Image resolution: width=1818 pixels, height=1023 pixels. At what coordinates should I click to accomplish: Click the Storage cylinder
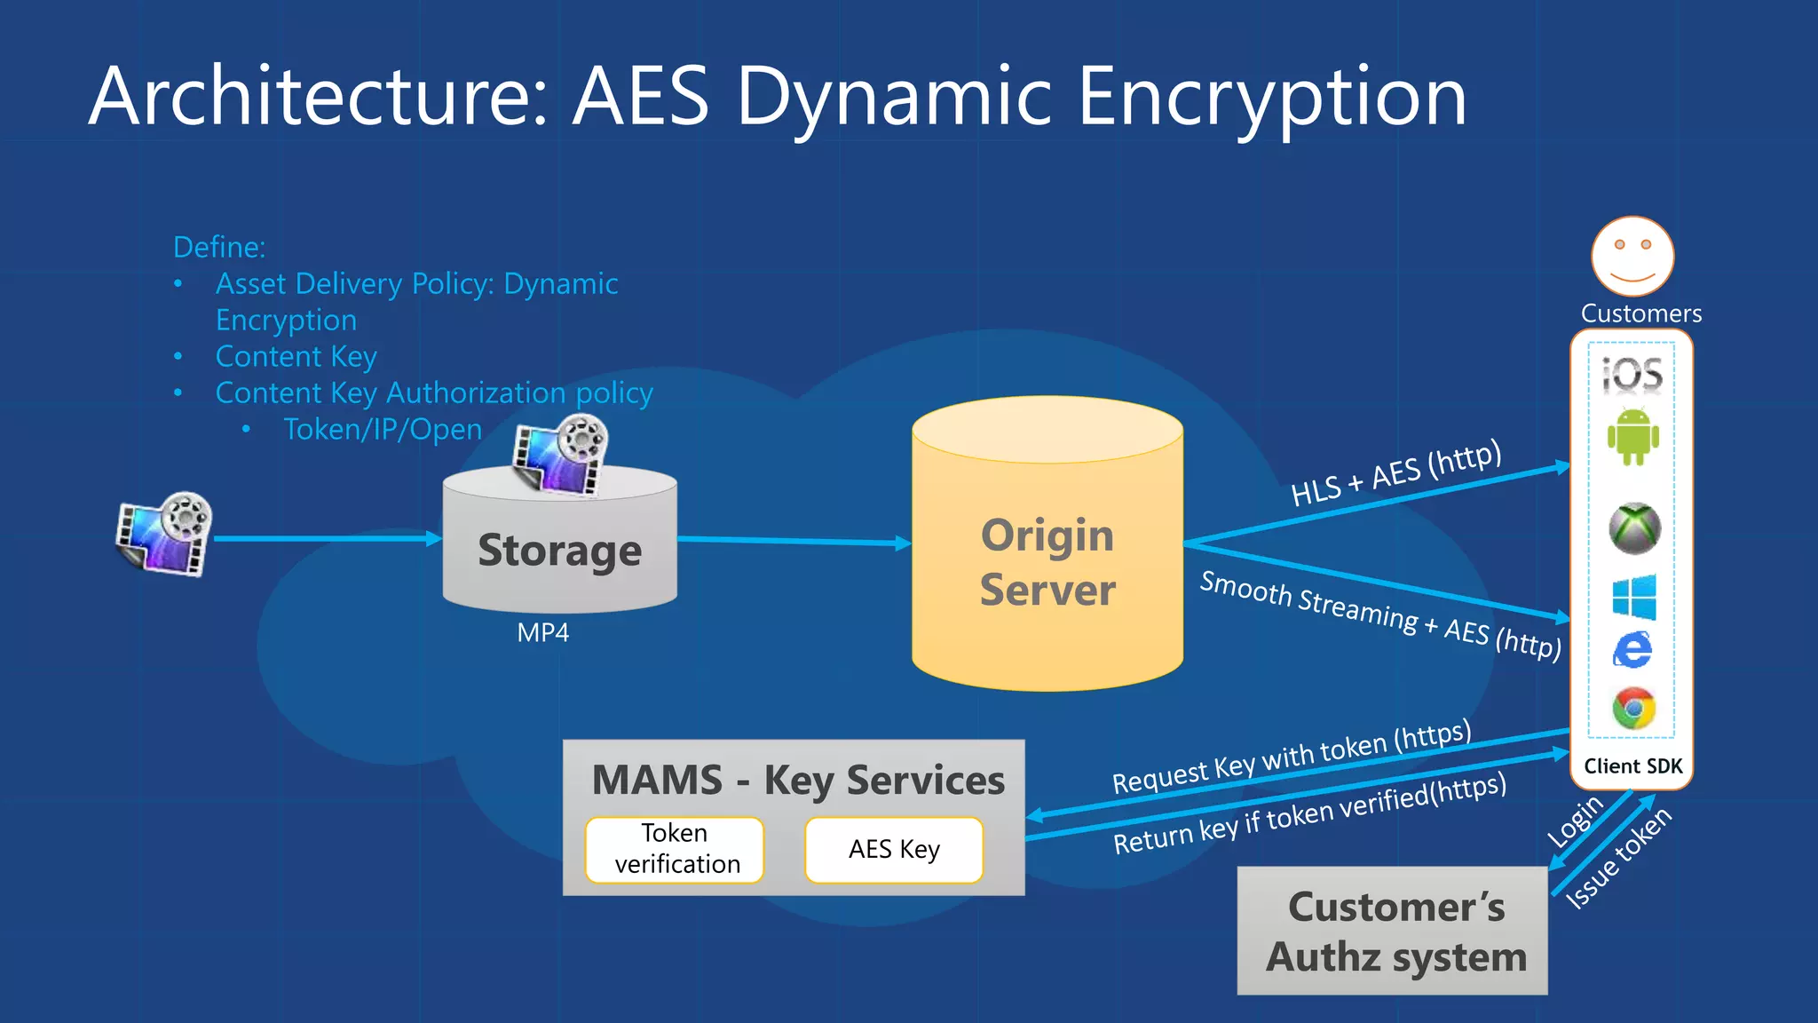559,551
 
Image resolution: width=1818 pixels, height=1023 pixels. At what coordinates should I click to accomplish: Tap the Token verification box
675,849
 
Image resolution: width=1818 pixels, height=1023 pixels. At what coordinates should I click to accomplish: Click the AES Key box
894,850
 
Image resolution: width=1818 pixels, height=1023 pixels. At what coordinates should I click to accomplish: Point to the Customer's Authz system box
1393,931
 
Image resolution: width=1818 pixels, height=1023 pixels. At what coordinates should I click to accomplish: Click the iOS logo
1632,374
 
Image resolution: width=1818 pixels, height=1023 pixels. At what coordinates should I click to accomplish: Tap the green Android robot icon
1633,436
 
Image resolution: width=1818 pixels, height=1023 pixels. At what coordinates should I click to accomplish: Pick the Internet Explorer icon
1632,651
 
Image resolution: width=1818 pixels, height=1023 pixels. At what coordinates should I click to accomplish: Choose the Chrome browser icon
1633,709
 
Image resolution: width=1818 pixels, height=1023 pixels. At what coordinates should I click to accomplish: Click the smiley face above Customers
1632,256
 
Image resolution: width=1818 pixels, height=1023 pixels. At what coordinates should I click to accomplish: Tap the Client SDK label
1632,766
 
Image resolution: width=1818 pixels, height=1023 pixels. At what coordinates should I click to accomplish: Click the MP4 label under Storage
542,633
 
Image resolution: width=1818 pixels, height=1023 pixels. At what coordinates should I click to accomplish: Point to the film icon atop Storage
561,456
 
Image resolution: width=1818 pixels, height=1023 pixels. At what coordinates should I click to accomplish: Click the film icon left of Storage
164,535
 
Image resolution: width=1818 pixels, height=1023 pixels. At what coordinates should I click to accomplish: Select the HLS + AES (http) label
1395,474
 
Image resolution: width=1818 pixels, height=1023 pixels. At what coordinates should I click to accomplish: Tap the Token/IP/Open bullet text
383,430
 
